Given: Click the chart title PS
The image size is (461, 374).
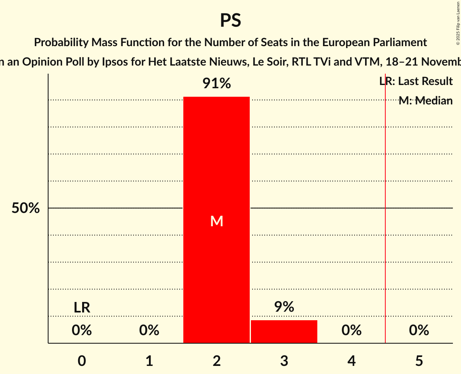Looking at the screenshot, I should pyautogui.click(x=230, y=20).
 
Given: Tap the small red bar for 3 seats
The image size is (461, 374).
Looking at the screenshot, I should pyautogui.click(x=284, y=331).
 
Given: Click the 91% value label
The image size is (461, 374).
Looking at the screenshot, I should pyautogui.click(x=217, y=84).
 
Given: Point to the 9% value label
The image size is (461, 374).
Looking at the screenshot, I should pyautogui.click(x=284, y=307).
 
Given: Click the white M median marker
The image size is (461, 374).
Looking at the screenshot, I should pyautogui.click(x=217, y=221).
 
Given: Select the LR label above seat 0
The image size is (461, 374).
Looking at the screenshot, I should pyautogui.click(x=82, y=308).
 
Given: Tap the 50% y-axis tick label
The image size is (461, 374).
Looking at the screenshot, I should pyautogui.click(x=25, y=208).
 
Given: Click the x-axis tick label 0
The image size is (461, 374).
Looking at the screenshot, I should pyautogui.click(x=82, y=361).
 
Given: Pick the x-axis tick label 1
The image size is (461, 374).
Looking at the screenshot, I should pyautogui.click(x=149, y=361).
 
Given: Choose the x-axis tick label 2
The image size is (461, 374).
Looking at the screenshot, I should pyautogui.click(x=217, y=361).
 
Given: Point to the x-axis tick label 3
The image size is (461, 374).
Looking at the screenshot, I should pyautogui.click(x=284, y=361).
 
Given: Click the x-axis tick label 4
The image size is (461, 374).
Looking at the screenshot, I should pyautogui.click(x=351, y=361).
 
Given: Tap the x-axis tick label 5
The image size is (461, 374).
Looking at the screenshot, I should pyautogui.click(x=419, y=361).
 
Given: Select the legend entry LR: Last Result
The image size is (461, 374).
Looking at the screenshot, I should pyautogui.click(x=416, y=81).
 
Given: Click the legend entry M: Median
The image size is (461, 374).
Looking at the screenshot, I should pyautogui.click(x=425, y=101).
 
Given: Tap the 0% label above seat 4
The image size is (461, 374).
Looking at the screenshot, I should pyautogui.click(x=351, y=331).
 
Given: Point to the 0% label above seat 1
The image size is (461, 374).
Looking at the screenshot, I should pyautogui.click(x=149, y=331).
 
